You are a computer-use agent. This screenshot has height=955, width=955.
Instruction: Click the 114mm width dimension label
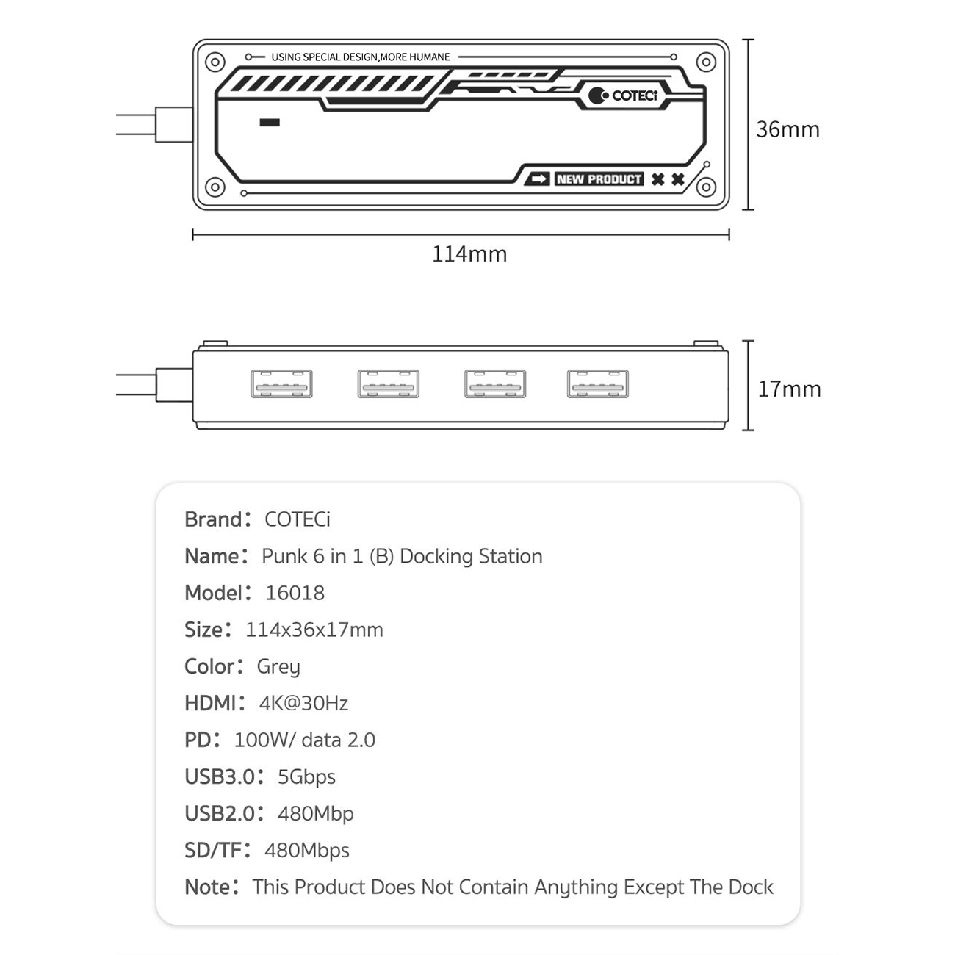coord(469,253)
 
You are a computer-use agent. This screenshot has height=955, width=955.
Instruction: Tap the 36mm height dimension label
coord(788,129)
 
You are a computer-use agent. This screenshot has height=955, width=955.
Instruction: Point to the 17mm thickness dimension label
coord(790,389)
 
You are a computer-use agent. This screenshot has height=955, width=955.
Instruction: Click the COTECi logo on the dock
coord(623,95)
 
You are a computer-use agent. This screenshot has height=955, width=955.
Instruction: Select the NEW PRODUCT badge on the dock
coord(599,179)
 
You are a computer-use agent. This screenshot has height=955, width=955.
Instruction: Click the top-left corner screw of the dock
coord(215,62)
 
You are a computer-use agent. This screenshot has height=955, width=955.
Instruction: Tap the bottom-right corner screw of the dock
coord(706,187)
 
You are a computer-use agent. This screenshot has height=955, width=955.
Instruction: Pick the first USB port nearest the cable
coord(281,383)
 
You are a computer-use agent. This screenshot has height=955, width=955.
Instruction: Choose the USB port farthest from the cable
coord(598,383)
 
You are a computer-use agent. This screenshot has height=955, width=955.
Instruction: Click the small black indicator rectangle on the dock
coord(270,123)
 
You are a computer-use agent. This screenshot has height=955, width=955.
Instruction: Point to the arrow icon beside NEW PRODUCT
coord(538,179)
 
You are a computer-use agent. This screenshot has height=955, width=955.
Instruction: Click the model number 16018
coord(295,593)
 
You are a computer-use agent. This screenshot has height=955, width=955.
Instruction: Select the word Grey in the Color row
coord(278,667)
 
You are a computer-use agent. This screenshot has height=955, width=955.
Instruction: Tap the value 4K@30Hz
coord(303,703)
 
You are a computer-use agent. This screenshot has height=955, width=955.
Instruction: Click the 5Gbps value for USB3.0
coord(306,777)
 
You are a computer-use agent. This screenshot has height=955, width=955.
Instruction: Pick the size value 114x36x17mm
coord(314,630)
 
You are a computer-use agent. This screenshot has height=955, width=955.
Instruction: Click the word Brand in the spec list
coord(213,519)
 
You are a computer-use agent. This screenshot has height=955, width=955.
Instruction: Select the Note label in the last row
coord(207,887)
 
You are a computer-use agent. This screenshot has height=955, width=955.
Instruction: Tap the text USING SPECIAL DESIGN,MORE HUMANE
coord(360,57)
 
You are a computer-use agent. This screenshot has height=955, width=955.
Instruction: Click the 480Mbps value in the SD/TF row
coord(307,851)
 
